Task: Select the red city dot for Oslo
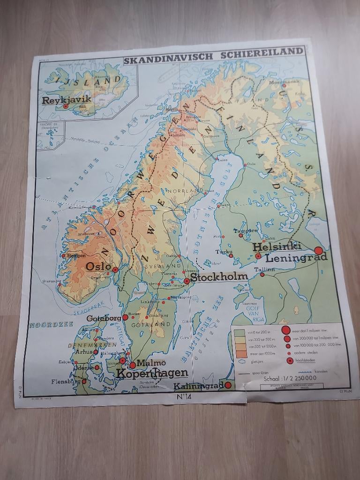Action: click(115, 270)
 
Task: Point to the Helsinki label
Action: click(277, 247)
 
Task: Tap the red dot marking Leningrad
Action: click(319, 251)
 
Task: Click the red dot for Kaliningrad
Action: click(228, 385)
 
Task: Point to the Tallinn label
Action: click(264, 270)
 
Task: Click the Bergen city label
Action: click(77, 255)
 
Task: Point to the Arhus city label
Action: click(84, 351)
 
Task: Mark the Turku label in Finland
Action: click(224, 252)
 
